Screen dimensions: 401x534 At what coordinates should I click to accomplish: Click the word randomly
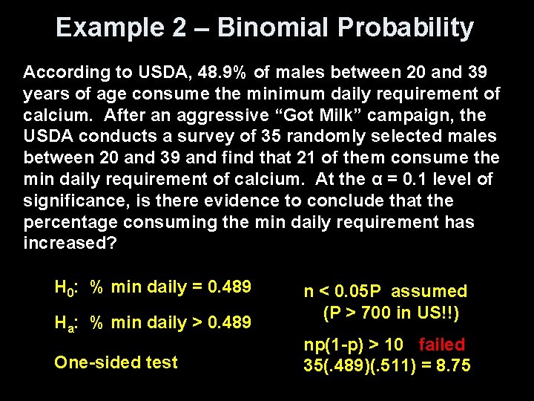tap(326, 137)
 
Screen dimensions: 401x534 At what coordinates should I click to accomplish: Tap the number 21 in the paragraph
tap(313, 158)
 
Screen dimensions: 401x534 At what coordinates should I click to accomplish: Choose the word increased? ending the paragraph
tap(70, 244)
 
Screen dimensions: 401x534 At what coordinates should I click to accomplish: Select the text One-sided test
tap(116, 362)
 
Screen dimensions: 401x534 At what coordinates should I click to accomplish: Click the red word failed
tap(441, 345)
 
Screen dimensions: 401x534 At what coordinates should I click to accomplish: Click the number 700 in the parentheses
tap(377, 313)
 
